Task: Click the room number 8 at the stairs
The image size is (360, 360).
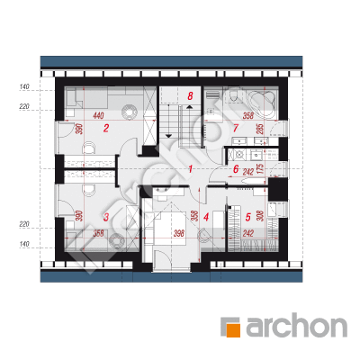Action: (x=190, y=96)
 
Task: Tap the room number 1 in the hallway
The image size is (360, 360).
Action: (x=190, y=169)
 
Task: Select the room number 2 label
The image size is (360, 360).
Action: (x=105, y=129)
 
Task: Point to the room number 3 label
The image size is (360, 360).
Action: (x=105, y=217)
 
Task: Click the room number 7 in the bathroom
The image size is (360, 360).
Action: (x=236, y=129)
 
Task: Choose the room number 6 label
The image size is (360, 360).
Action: (x=236, y=169)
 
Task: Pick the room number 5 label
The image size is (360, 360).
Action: (x=247, y=217)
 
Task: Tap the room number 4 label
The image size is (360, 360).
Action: (x=206, y=217)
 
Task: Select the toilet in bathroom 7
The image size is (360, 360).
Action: (x=233, y=94)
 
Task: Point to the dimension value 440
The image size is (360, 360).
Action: (x=98, y=115)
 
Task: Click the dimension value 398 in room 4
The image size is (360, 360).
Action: (x=179, y=233)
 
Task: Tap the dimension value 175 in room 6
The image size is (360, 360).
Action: (x=260, y=170)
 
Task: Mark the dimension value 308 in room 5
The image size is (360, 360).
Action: (x=260, y=215)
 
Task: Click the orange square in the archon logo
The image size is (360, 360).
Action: (x=233, y=330)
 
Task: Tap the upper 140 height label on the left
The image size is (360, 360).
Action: (x=24, y=87)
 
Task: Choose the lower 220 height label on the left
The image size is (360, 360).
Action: (x=24, y=224)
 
